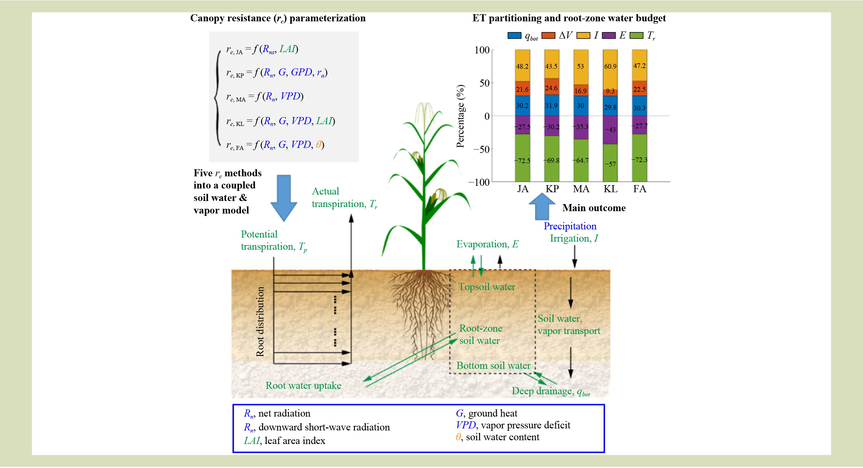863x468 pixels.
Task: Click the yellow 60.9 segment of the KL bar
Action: click(x=610, y=70)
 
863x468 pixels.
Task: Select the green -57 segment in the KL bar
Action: click(x=610, y=163)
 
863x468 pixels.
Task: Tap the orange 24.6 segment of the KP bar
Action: click(x=551, y=87)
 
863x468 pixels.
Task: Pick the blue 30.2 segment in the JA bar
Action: click(x=522, y=106)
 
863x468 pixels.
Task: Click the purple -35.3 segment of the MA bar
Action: click(x=581, y=128)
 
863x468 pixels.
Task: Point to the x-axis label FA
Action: click(x=640, y=189)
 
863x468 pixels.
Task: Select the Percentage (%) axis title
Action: click(x=461, y=116)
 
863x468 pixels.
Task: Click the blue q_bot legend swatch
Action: click(x=514, y=36)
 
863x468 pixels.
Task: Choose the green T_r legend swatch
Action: click(x=636, y=36)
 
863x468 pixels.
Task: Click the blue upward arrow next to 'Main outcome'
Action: click(x=542, y=206)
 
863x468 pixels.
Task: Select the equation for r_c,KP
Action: click(x=277, y=72)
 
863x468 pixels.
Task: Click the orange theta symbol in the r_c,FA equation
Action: click(x=318, y=144)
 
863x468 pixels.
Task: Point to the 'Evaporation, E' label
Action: click(x=487, y=244)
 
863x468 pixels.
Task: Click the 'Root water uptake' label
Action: click(x=303, y=385)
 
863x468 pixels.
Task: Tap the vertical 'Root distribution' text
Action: click(x=260, y=322)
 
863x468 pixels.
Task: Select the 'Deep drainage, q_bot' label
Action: click(x=551, y=392)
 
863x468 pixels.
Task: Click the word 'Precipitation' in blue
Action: click(x=570, y=226)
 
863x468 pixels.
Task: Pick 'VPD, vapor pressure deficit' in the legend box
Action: click(x=513, y=425)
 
